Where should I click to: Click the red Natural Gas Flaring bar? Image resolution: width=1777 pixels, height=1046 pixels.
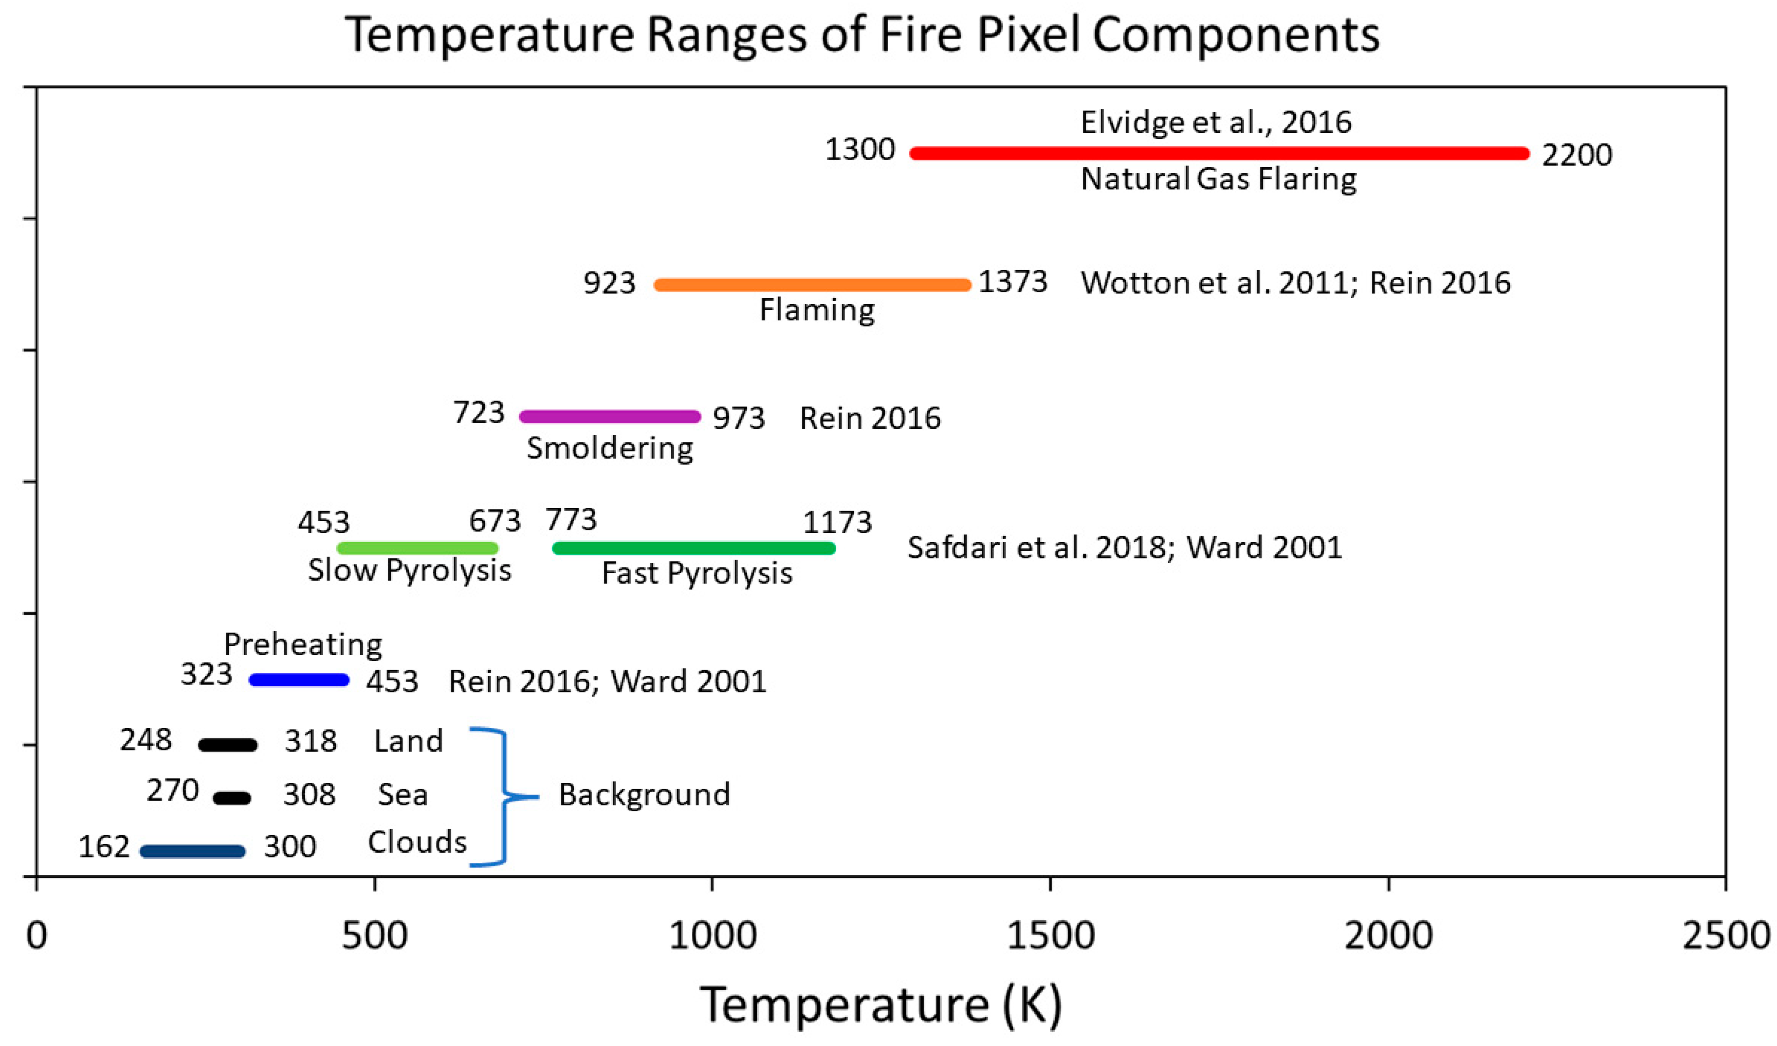(1220, 153)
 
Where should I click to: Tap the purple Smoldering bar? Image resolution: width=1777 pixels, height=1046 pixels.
(610, 416)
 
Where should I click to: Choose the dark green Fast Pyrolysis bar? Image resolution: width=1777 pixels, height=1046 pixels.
(694, 548)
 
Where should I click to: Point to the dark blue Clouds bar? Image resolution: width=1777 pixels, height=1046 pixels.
(193, 851)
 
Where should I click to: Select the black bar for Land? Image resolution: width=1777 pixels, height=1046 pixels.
(228, 744)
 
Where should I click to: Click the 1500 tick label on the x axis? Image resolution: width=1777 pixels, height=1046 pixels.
(1051, 936)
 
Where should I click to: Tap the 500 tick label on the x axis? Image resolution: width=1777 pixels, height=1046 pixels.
(374, 936)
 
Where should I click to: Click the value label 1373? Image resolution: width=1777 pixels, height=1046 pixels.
(1013, 282)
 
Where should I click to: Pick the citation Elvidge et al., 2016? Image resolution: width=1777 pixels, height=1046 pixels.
(1216, 123)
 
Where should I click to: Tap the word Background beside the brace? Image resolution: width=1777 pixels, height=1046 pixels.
(644, 795)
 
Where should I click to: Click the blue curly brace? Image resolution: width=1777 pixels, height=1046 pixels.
(505, 796)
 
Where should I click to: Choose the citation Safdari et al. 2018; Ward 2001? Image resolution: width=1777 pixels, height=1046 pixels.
(1124, 548)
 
